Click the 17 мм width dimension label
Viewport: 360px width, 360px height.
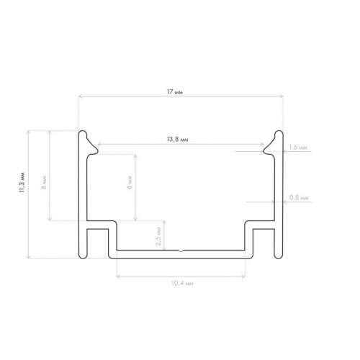tap(175, 92)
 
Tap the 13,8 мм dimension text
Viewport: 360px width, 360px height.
tap(177, 140)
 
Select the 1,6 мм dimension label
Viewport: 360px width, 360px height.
tap(297, 148)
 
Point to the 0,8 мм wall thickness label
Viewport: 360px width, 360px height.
tap(299, 198)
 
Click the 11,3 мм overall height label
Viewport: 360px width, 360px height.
tap(22, 182)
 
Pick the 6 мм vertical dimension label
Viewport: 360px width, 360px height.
tap(130, 182)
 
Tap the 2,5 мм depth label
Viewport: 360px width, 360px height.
tap(158, 236)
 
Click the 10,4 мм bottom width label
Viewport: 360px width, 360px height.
tap(182, 284)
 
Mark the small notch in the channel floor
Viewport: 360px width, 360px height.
tap(181, 251)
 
